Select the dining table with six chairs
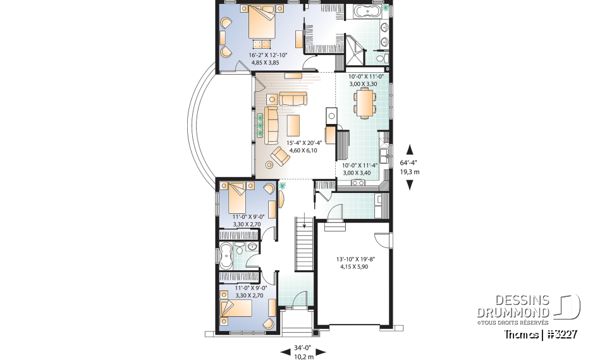tap(364, 103)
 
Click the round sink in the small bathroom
tap(252, 246)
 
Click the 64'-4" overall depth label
tap(410, 167)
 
